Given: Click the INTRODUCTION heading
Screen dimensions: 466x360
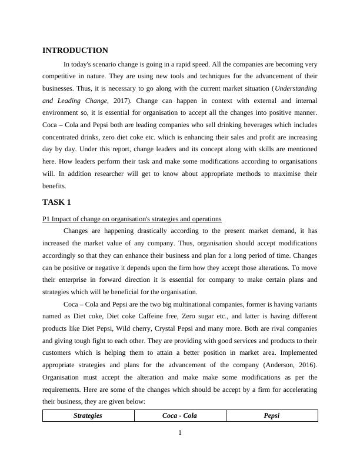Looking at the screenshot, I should point(75,51).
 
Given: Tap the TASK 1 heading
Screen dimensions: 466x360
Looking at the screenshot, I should point(57,202).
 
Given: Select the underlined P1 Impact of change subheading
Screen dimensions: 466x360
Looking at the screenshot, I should point(132,219).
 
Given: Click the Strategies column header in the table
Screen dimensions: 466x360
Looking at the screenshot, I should point(88,415).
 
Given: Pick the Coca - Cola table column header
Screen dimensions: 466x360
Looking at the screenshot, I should point(179,415).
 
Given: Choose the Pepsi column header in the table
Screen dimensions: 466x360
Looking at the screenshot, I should point(271,415).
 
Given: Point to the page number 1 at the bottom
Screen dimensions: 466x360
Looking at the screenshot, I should point(180,434).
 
